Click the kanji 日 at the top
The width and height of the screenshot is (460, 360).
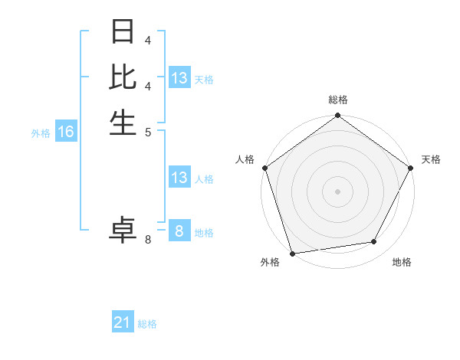coord(123,32)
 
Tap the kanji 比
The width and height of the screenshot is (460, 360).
coord(123,77)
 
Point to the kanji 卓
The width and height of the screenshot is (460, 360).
coord(123,230)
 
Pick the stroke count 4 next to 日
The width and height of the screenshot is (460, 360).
coord(148,39)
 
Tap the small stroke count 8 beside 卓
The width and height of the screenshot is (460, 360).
coord(148,240)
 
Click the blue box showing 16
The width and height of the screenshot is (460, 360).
coord(66,132)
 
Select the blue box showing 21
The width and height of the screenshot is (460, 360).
coord(123,322)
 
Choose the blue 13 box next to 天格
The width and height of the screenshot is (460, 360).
coord(179,77)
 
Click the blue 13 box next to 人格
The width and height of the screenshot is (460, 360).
coord(179,178)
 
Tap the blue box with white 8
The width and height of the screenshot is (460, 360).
coord(179,231)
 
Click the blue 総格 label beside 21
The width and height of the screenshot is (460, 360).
coord(147,324)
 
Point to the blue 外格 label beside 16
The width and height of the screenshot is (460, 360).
coord(41,133)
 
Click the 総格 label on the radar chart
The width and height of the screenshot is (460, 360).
coord(338,100)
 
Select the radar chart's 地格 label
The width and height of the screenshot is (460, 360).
coord(402,262)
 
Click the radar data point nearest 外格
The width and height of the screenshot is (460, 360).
coord(293,253)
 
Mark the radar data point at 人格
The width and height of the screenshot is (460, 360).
coord(264,168)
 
